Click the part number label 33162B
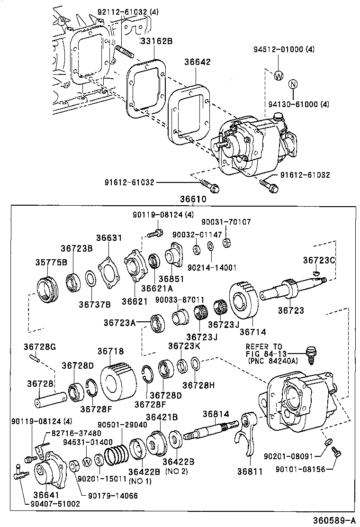(156, 41)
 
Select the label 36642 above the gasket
(198, 62)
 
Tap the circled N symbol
(293, 84)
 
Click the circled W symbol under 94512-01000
(279, 75)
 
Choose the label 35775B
(51, 262)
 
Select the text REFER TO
(264, 346)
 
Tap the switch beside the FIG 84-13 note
(311, 354)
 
